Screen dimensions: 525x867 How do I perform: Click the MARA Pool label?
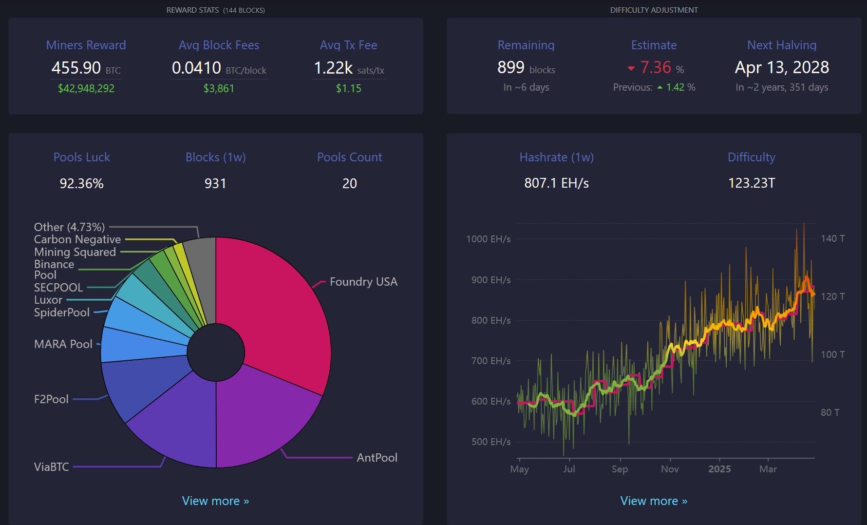click(63, 344)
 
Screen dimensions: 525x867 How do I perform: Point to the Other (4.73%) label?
click(69, 227)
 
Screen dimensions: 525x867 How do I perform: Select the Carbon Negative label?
click(77, 239)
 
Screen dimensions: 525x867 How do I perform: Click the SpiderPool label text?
click(62, 312)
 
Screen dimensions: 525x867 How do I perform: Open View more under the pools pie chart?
click(215, 501)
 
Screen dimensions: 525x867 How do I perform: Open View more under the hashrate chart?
click(654, 501)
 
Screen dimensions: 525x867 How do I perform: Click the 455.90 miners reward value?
click(76, 68)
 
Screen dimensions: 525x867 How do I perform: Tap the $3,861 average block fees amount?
click(219, 88)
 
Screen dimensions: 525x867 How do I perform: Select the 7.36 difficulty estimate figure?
click(656, 67)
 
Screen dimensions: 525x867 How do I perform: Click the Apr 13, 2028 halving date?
click(782, 67)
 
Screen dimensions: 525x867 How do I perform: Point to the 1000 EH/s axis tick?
click(488, 239)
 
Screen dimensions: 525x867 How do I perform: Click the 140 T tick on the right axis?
click(832, 238)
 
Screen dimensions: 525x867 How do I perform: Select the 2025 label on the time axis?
click(719, 469)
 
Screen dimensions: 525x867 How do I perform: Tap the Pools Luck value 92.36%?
click(81, 183)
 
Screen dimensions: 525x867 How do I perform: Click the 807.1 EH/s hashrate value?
click(556, 183)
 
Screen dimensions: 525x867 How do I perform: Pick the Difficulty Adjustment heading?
click(654, 10)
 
